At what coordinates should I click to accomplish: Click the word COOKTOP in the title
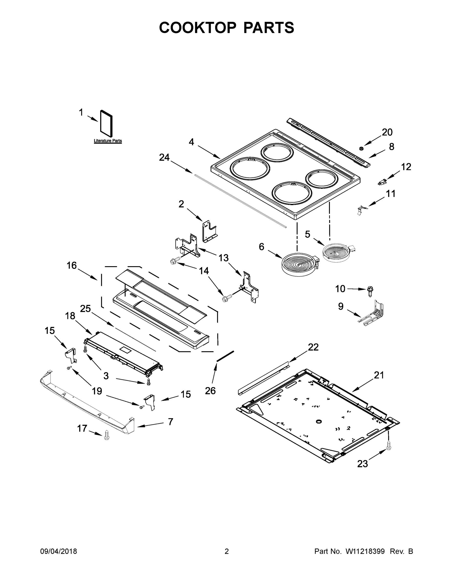[x=198, y=28]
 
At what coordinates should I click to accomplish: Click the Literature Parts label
[x=108, y=141]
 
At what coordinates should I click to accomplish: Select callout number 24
[x=164, y=157]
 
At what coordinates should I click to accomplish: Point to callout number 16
[x=72, y=266]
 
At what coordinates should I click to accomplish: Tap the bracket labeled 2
[x=209, y=231]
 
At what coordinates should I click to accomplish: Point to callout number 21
[x=379, y=375]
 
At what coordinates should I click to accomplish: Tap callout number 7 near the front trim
[x=170, y=422]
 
